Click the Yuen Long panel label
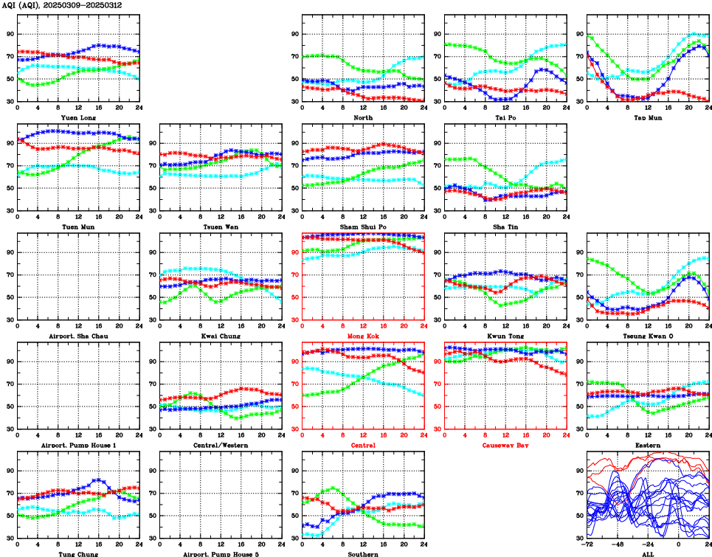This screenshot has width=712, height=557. click(x=77, y=117)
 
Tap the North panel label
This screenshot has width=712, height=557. click(x=362, y=117)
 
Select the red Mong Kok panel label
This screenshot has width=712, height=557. click(x=362, y=336)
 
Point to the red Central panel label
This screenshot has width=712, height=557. click(x=362, y=445)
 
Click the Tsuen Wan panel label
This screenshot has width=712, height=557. click(x=220, y=226)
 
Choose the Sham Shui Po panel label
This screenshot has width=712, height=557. click(x=362, y=226)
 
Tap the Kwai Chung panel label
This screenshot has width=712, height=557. click(x=220, y=336)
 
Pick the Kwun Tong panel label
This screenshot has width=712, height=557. click(x=505, y=336)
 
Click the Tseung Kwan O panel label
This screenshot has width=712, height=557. click(x=647, y=336)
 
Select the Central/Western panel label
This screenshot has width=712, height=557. click(x=220, y=445)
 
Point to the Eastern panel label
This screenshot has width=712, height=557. click(x=647, y=445)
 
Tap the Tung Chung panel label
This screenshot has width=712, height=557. click(x=77, y=553)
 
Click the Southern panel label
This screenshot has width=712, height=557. click(x=362, y=553)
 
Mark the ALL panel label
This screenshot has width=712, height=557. click(x=647, y=553)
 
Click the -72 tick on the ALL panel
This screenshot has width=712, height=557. click(x=587, y=545)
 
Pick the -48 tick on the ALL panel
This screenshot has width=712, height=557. click(x=617, y=545)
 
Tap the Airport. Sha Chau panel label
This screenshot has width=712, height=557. click(x=77, y=336)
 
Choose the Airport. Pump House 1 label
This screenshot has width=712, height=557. click(x=77, y=445)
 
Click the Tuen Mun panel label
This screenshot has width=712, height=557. click(x=77, y=226)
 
